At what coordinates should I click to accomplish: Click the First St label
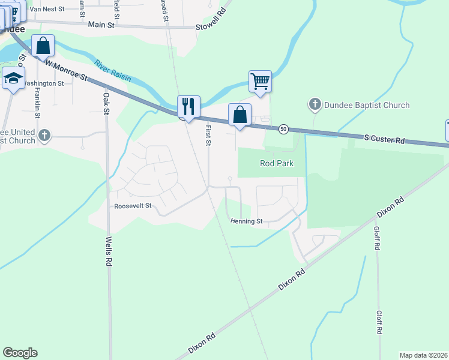[208, 135]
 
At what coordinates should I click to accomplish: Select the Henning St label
[247, 221]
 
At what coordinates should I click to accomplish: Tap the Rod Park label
[276, 163]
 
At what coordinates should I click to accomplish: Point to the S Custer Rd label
[384, 139]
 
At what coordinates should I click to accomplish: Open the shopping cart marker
[260, 81]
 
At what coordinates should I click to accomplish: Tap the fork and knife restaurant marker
[188, 106]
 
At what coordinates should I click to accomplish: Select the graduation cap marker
[13, 79]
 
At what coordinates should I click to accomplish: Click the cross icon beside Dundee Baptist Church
[314, 105]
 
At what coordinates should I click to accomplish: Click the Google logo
[20, 353]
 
